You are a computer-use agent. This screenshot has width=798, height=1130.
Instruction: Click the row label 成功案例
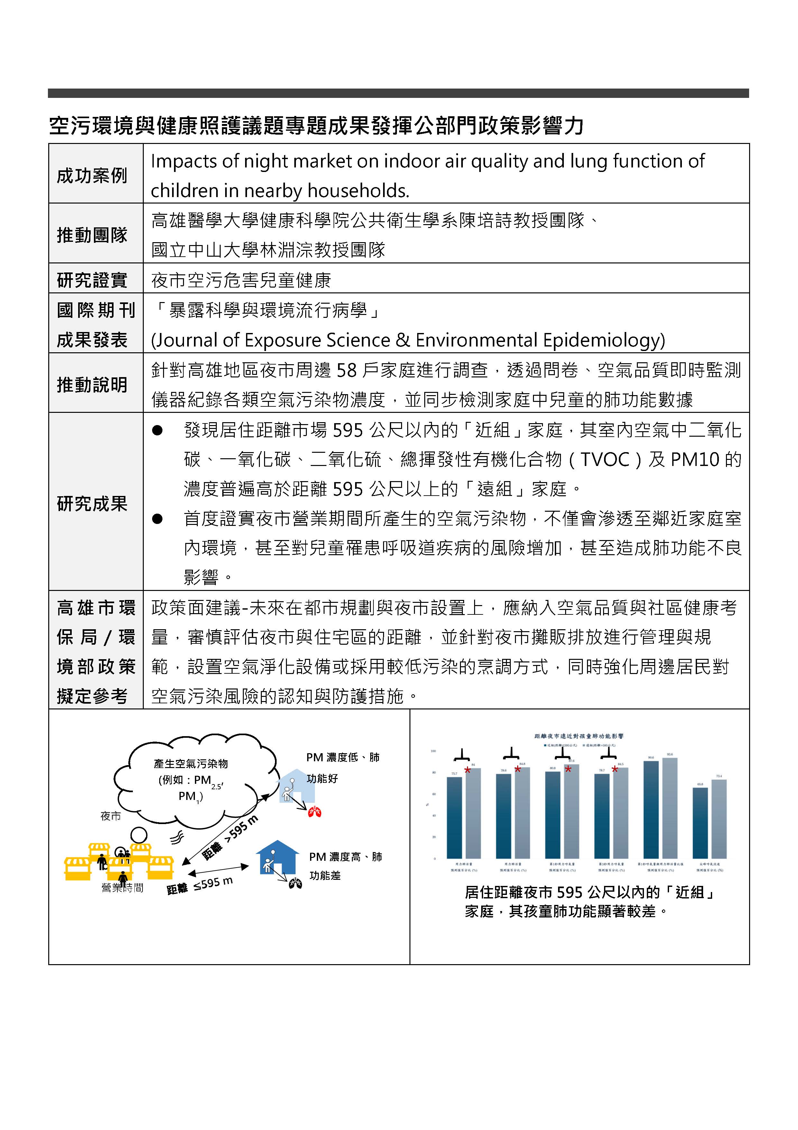(x=92, y=175)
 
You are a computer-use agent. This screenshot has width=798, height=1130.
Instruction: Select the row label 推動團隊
(x=92, y=235)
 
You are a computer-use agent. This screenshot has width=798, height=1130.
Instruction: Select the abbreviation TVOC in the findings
(x=605, y=460)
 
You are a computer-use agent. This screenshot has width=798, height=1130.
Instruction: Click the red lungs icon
(x=315, y=812)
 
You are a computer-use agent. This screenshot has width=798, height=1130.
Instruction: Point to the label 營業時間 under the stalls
(x=122, y=888)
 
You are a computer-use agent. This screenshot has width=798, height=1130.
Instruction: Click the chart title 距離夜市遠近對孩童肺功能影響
(x=579, y=736)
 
